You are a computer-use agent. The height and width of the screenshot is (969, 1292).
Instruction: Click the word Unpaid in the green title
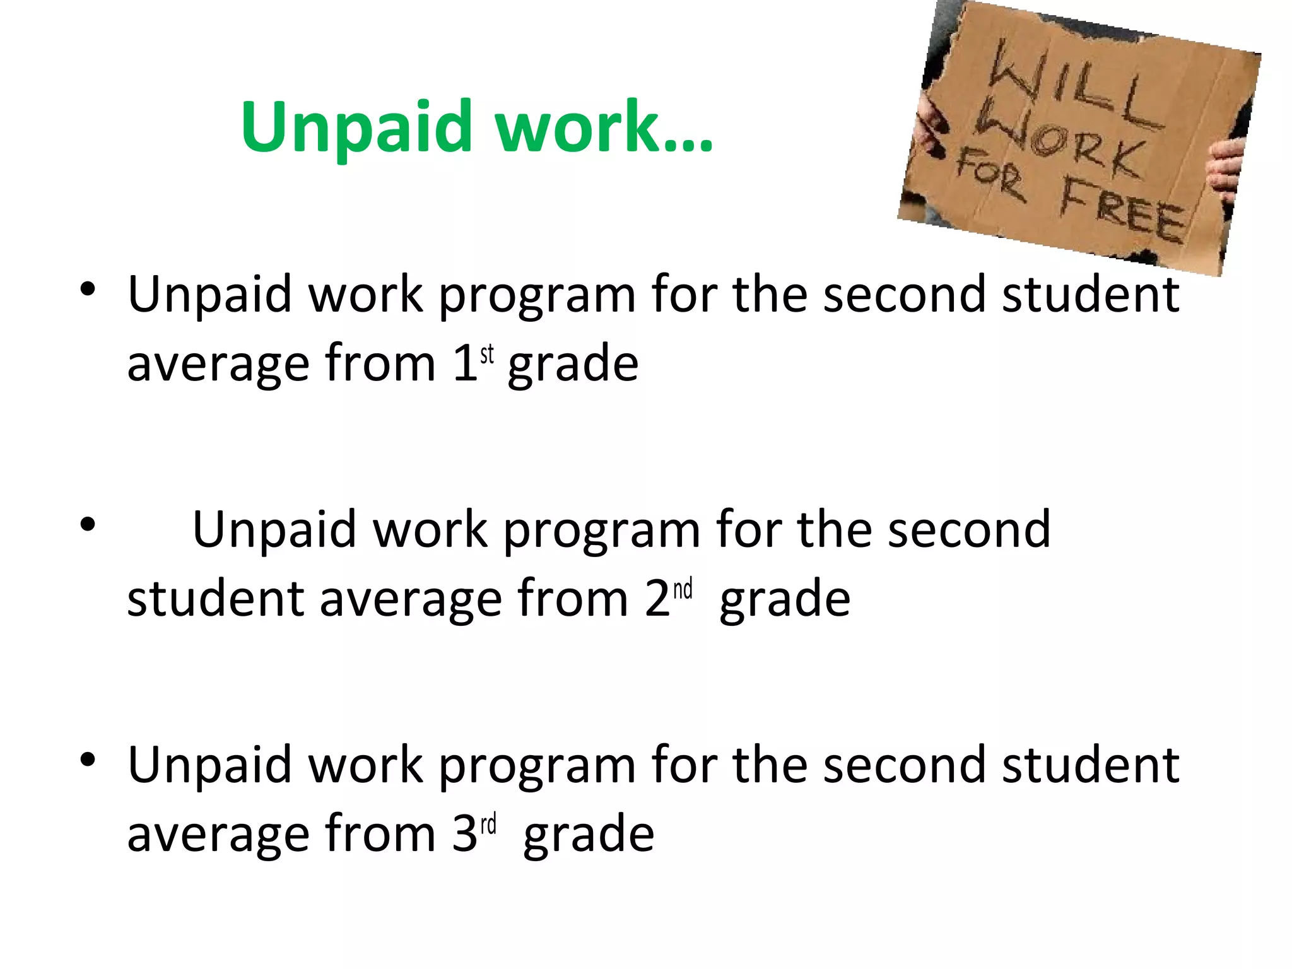pyautogui.click(x=356, y=127)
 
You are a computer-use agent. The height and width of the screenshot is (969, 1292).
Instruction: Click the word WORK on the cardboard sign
pyautogui.click(x=1060, y=142)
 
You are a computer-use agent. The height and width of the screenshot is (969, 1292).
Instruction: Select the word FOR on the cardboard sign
pyautogui.click(x=990, y=177)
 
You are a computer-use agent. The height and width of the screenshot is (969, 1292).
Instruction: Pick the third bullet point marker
pyautogui.click(x=88, y=760)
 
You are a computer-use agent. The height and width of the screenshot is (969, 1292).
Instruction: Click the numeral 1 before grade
pyautogui.click(x=465, y=364)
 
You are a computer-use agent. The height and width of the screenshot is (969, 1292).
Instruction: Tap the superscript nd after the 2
pyautogui.click(x=683, y=590)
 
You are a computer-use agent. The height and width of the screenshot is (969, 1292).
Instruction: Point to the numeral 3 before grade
pyautogui.click(x=465, y=834)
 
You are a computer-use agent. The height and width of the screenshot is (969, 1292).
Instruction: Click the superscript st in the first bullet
pyautogui.click(x=487, y=355)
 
